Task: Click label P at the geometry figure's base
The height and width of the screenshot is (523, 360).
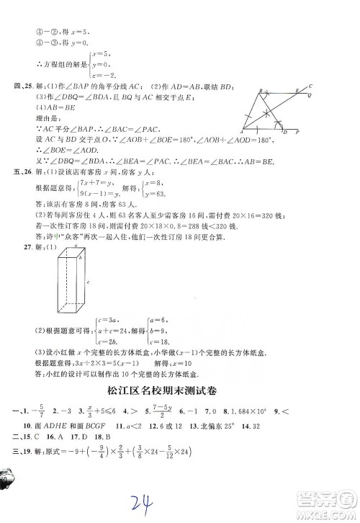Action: point(297,133)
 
